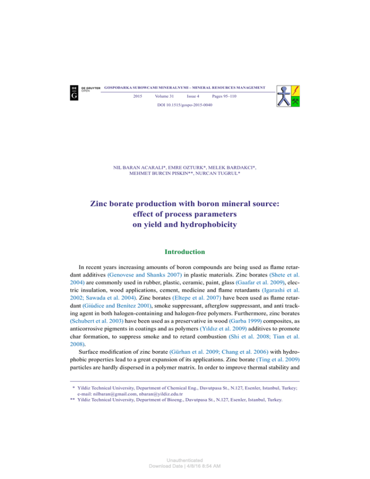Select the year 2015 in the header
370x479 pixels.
click(x=137, y=97)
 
